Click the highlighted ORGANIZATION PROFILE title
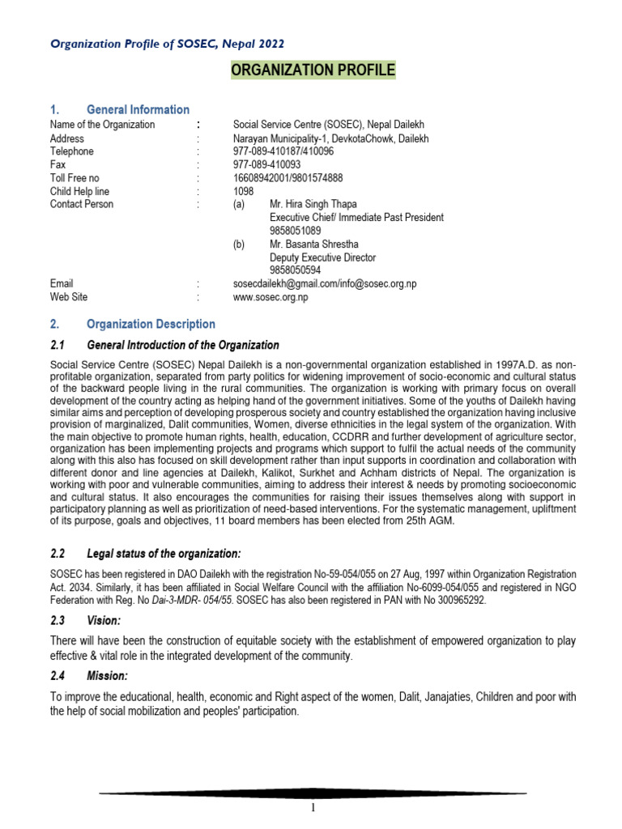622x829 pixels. point(313,71)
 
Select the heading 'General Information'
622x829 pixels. point(138,109)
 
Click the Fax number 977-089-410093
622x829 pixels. point(266,164)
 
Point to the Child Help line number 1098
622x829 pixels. point(243,191)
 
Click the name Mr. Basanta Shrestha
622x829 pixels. point(313,244)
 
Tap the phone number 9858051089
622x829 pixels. point(296,231)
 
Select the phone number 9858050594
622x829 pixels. point(296,270)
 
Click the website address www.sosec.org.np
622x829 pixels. point(271,297)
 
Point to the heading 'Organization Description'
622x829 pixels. point(151,325)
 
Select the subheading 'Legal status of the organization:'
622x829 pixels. point(164,553)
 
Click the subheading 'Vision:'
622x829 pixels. point(103,619)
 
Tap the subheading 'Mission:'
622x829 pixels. point(107,675)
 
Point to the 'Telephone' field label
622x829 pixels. point(71,151)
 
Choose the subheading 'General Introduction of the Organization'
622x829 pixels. point(182,345)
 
